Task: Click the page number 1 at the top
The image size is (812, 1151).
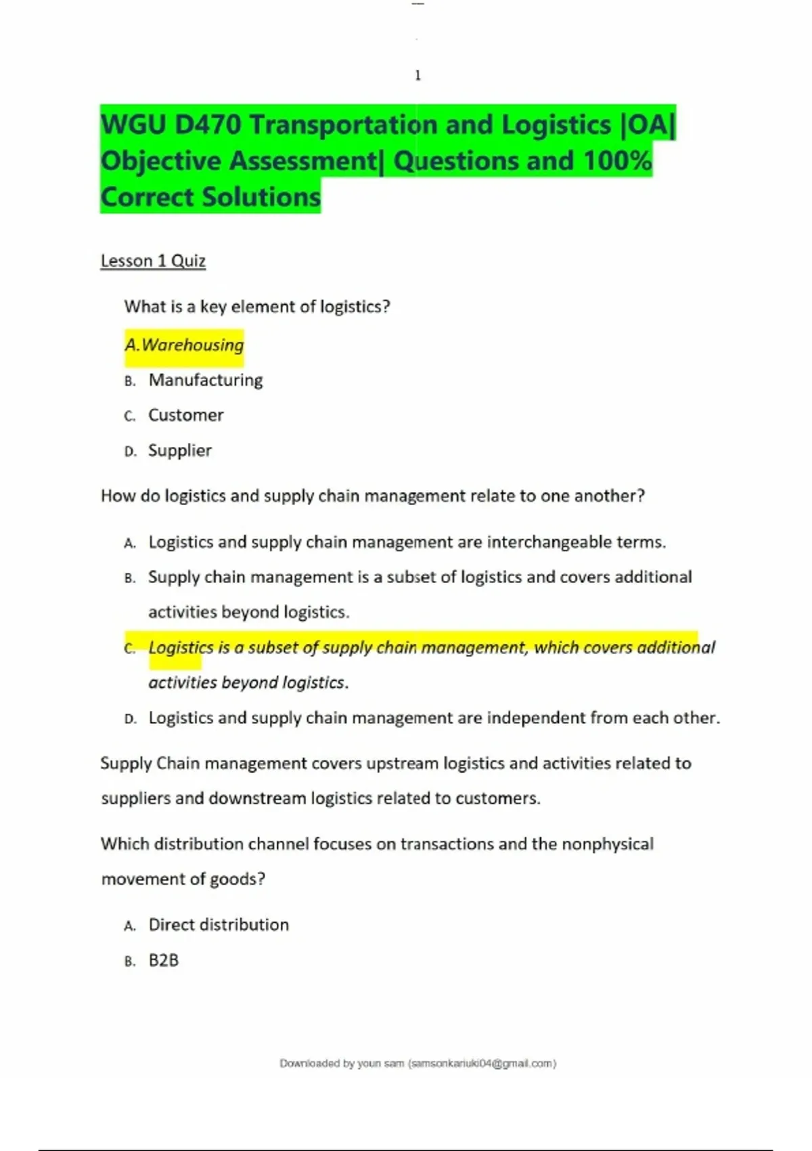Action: [418, 75]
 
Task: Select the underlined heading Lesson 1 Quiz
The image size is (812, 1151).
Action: [153, 261]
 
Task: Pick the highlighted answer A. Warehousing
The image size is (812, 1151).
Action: [184, 345]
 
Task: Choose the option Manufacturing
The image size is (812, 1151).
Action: [206, 381]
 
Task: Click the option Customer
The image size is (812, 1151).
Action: [186, 415]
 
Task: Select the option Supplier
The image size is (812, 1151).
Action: [180, 450]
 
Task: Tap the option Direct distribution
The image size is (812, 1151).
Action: [219, 925]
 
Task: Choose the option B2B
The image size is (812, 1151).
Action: [164, 960]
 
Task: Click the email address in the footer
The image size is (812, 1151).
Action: [482, 1064]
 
